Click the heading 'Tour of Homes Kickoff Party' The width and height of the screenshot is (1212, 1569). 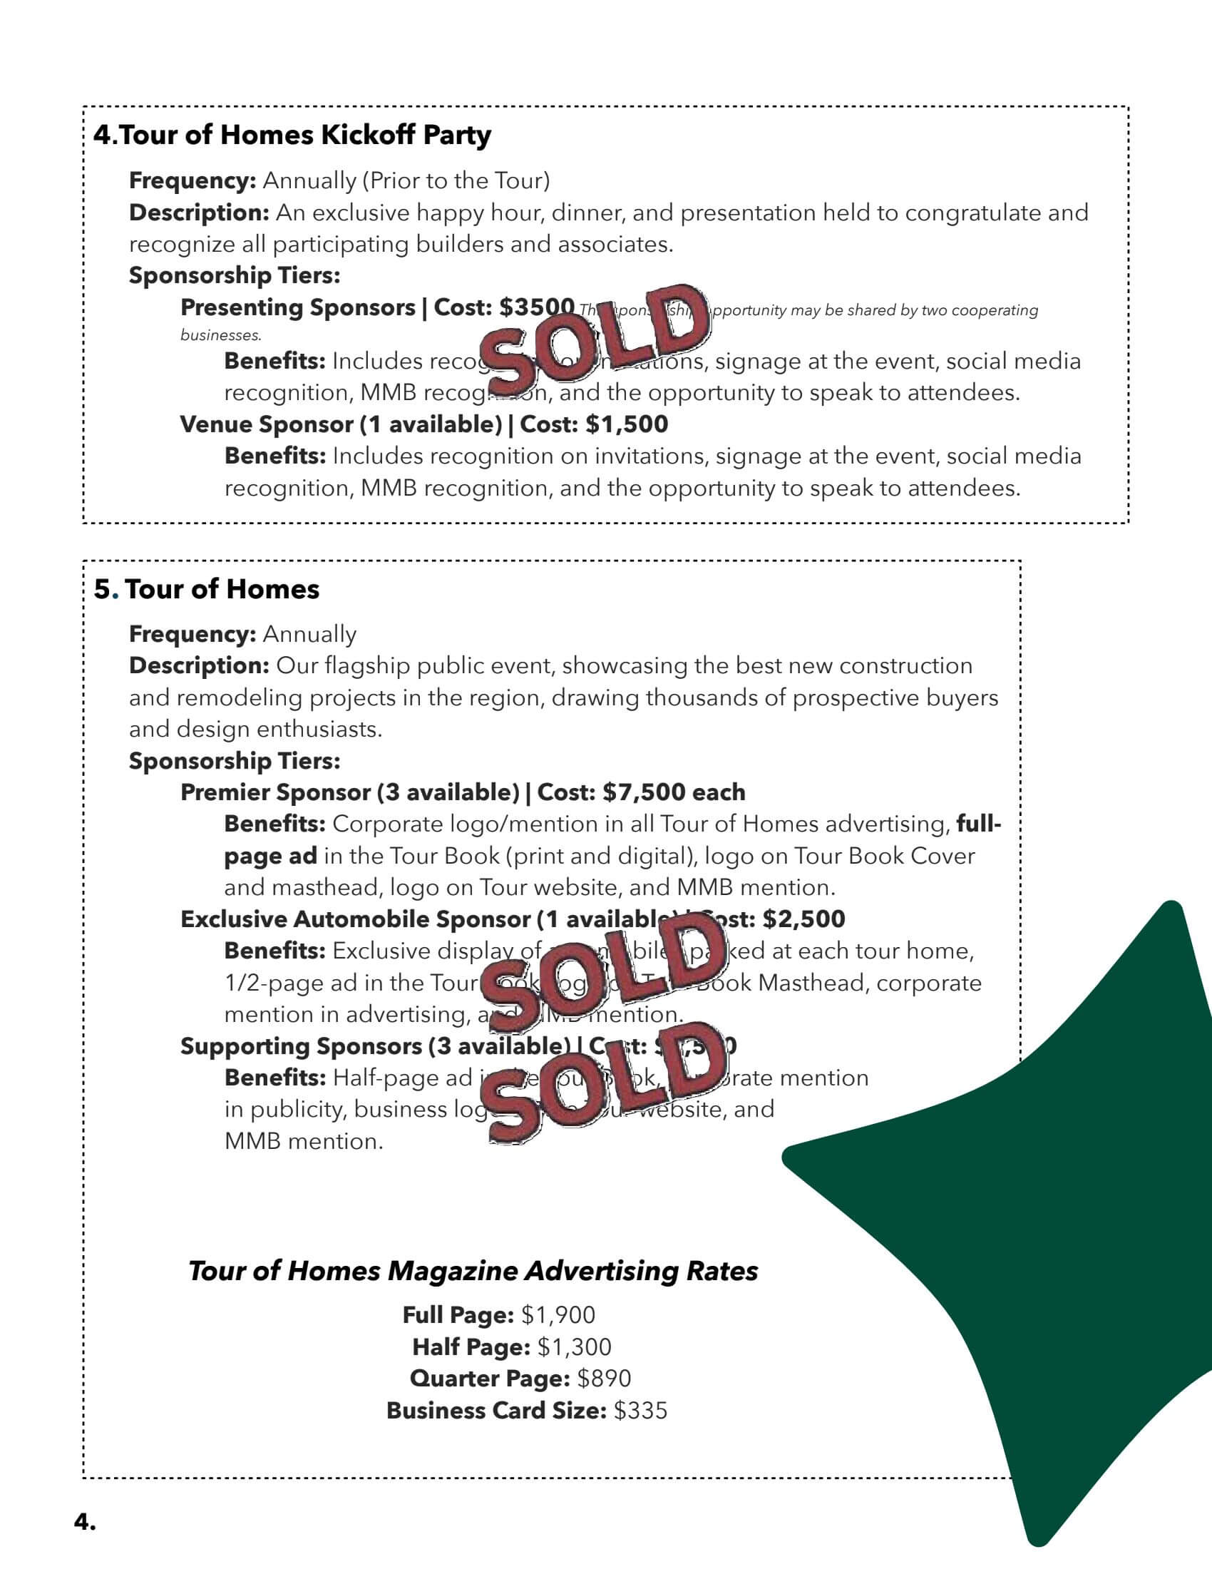292,135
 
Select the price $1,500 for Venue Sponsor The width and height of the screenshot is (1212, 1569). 627,424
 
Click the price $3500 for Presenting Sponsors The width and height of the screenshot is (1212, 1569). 536,307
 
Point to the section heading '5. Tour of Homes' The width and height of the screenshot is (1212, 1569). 207,589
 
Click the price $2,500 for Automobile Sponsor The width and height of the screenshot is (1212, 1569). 803,919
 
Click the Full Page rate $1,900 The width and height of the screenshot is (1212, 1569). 558,1315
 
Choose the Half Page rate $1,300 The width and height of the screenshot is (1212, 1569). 574,1347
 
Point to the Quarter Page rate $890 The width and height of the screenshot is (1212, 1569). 604,1379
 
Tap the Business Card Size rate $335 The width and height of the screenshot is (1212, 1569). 640,1410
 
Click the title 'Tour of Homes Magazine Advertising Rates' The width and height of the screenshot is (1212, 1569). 473,1271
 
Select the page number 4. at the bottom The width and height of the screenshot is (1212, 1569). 85,1521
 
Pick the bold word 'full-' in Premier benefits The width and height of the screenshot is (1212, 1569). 978,824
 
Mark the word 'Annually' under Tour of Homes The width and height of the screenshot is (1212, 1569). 309,634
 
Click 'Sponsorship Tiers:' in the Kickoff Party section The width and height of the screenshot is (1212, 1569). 234,275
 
